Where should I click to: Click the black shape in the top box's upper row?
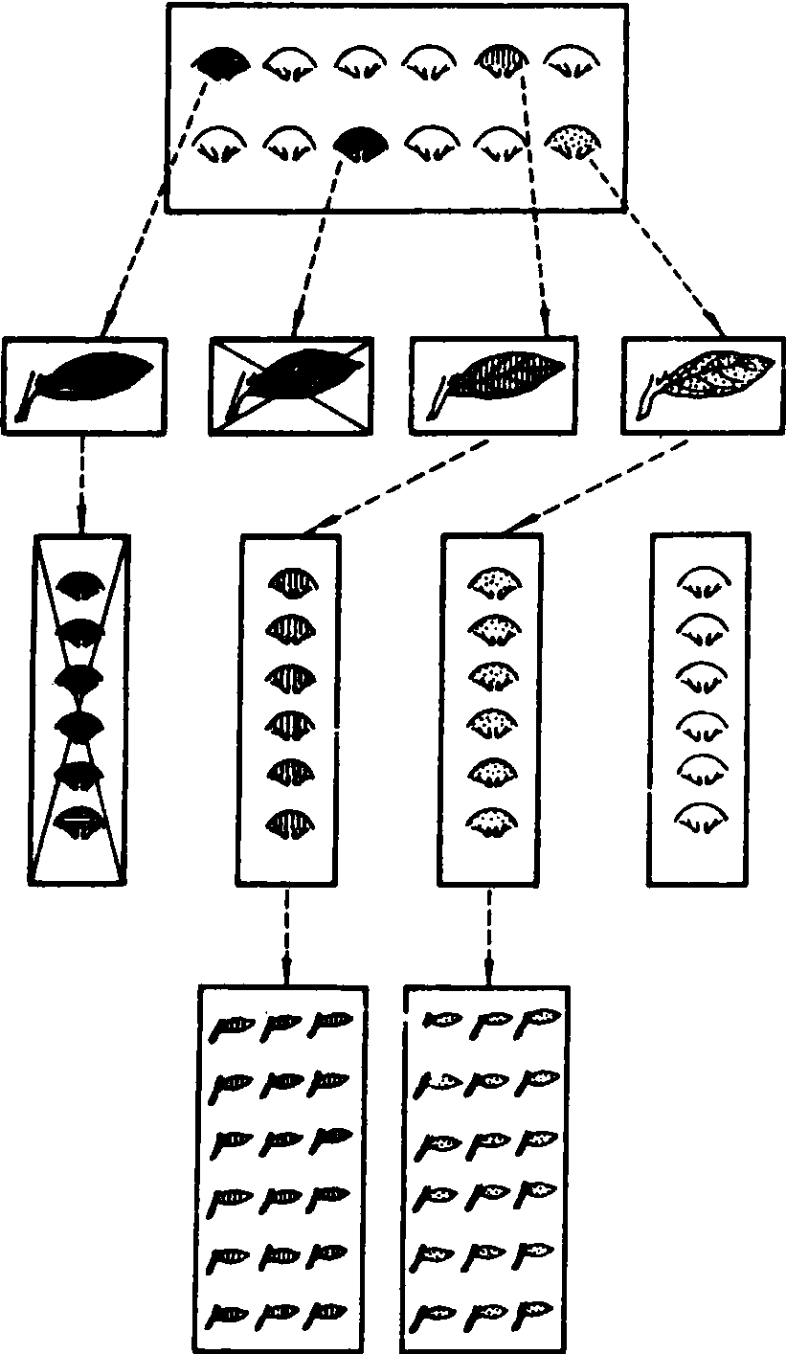coord(222,63)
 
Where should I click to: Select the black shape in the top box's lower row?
coord(362,144)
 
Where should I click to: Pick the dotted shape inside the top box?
coord(575,144)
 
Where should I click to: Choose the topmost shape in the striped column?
coord(290,582)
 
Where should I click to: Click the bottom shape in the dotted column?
coord(494,823)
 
